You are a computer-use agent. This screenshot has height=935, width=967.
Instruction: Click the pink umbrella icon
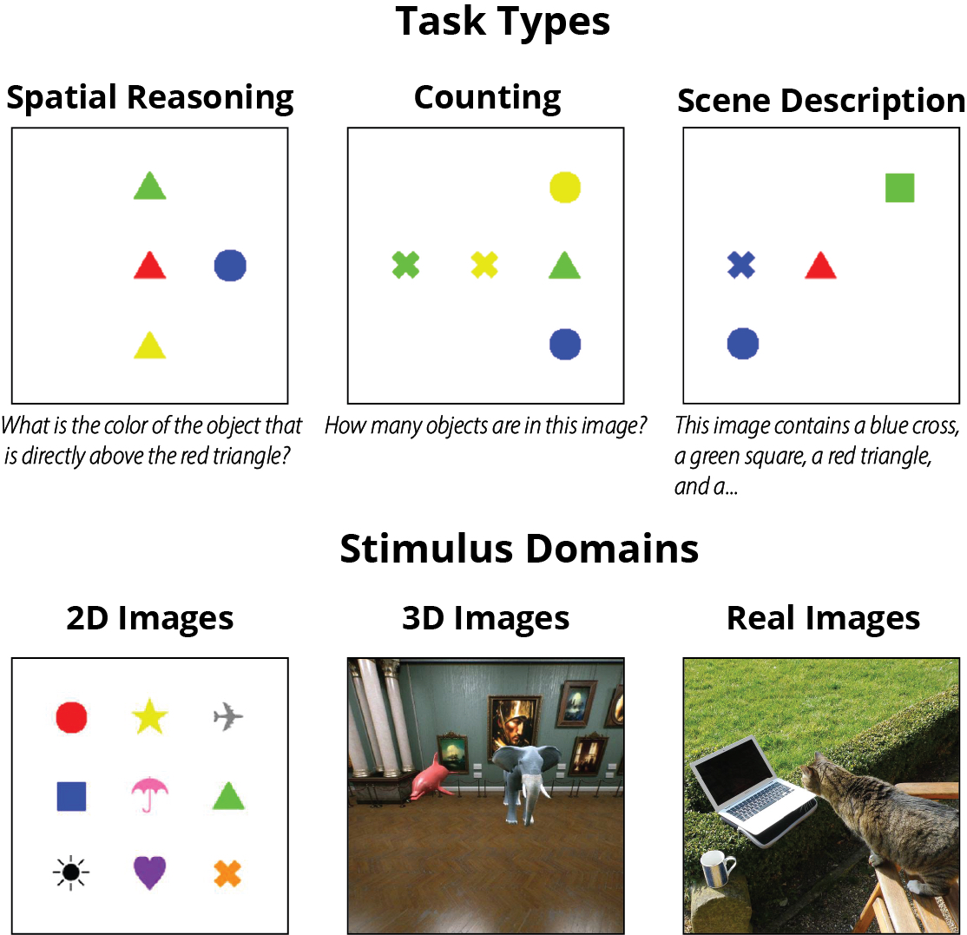tap(150, 793)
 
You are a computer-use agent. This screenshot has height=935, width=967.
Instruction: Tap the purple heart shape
tap(150, 872)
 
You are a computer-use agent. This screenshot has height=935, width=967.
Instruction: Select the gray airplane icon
tap(228, 717)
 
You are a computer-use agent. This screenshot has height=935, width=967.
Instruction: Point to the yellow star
tap(150, 718)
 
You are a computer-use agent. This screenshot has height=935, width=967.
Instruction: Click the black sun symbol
tap(71, 872)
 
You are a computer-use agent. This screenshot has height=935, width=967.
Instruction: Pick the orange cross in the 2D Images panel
tap(228, 872)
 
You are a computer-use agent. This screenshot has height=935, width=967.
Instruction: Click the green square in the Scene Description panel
tap(899, 188)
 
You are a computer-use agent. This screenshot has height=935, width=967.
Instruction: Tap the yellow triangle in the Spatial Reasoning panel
tap(149, 346)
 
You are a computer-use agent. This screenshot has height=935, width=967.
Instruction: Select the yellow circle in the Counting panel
tap(565, 187)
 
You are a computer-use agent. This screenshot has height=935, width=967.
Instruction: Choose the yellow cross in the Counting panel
tap(484, 264)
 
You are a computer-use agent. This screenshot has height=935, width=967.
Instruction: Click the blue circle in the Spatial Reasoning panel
tap(230, 266)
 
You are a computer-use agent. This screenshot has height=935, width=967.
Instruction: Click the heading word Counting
tap(487, 97)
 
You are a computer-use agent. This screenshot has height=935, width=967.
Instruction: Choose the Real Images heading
tap(823, 618)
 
